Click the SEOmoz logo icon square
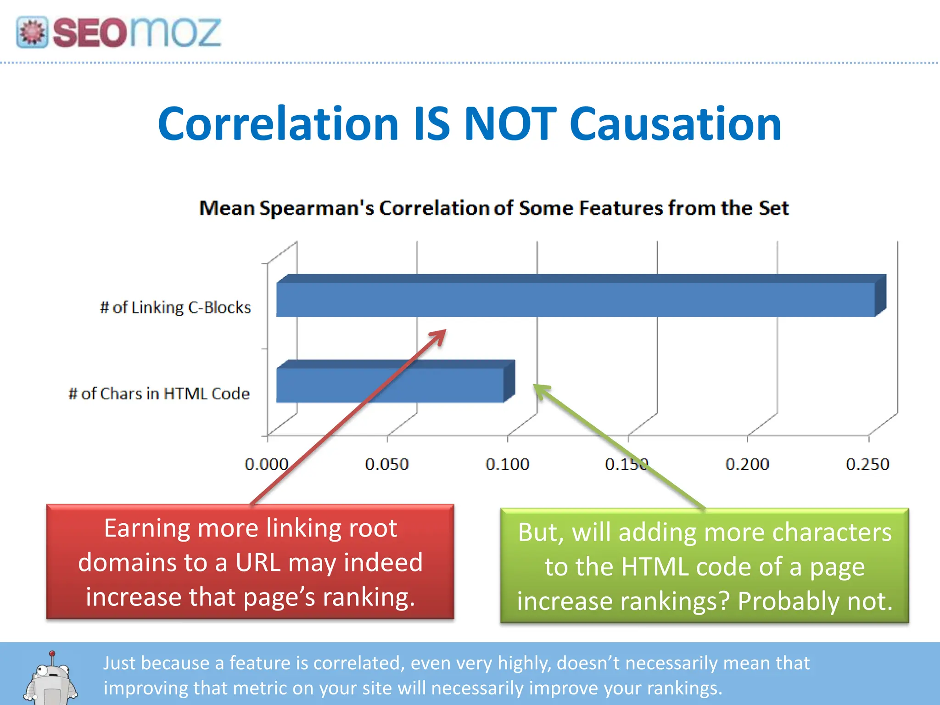coord(32,32)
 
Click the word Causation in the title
coord(676,124)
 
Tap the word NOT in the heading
coord(510,124)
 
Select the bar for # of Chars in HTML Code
coord(390,385)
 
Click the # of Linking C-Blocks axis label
coord(175,308)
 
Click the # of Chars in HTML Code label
coord(159,394)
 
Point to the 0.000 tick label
coord(266,464)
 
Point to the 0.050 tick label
coord(387,464)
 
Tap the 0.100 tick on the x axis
coord(507,464)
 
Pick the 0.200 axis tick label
coord(747,464)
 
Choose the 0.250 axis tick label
coord(867,464)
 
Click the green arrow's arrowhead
coord(540,391)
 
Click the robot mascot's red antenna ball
coord(52,654)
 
